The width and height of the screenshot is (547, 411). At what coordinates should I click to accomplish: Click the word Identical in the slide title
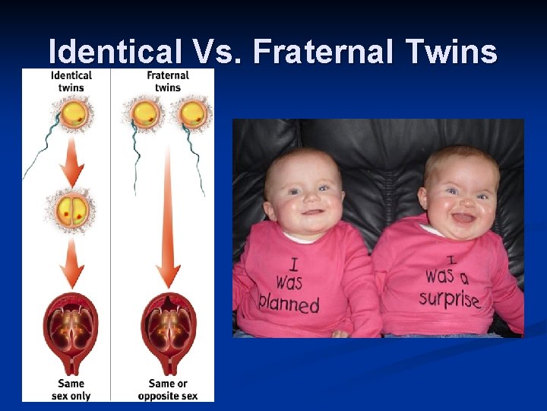pyautogui.click(x=114, y=52)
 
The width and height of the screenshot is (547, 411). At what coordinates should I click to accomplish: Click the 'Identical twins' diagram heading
pyautogui.click(x=71, y=81)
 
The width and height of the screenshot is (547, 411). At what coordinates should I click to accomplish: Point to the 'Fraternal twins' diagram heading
pyautogui.click(x=168, y=81)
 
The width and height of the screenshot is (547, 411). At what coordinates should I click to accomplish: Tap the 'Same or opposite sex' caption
pyautogui.click(x=168, y=389)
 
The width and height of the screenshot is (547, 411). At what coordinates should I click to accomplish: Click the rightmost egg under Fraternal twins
pyautogui.click(x=192, y=114)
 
